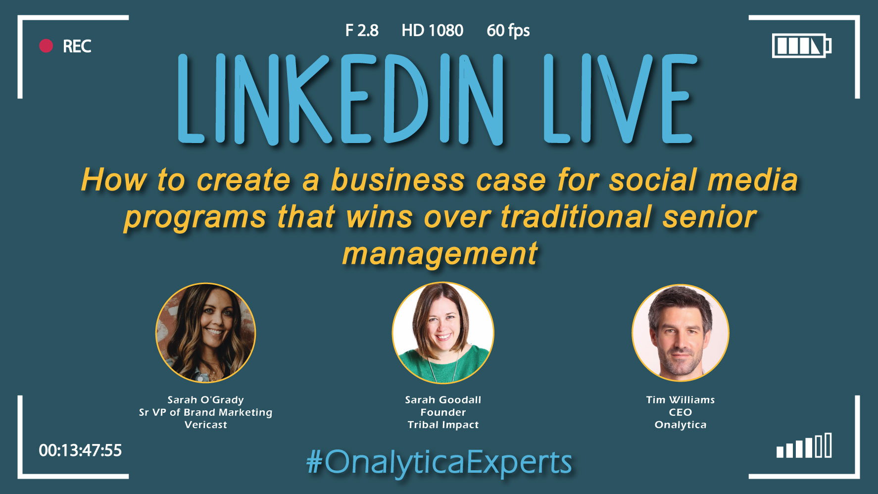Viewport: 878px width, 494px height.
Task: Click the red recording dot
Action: tap(46, 46)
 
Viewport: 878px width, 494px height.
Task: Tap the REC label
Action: tap(77, 47)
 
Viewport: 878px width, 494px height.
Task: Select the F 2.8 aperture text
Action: tap(362, 31)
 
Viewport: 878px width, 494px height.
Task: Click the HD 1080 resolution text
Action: tap(432, 31)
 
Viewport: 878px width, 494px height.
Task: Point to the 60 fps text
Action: tap(508, 31)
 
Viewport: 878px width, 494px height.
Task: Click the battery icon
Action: tap(801, 46)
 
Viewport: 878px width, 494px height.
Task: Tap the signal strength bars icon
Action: tap(804, 445)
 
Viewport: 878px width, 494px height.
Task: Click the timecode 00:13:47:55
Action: tap(80, 450)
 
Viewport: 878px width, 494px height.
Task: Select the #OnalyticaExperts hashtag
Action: tap(439, 463)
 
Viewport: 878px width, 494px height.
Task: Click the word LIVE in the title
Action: tap(620, 99)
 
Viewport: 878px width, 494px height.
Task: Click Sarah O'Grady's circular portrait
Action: tap(206, 333)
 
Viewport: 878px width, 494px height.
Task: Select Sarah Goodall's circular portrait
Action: tap(443, 333)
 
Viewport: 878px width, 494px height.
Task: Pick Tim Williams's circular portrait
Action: tap(681, 333)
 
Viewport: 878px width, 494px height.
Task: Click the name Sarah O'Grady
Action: tap(205, 400)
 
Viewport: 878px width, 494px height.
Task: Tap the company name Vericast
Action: tap(206, 425)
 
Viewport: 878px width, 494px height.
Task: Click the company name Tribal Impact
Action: tap(443, 425)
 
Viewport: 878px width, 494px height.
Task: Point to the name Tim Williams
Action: tap(681, 399)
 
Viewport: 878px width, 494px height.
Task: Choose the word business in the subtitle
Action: tap(398, 180)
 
